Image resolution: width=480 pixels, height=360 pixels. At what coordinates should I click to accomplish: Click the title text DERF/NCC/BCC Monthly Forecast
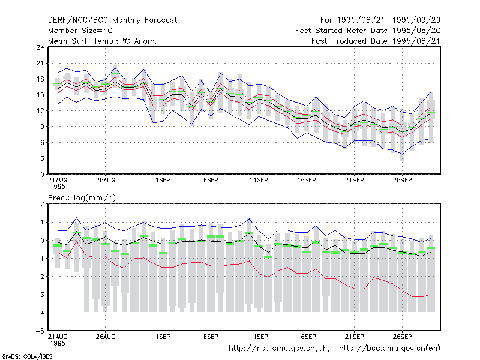[112, 20]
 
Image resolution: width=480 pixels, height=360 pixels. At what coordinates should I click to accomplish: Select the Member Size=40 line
[80, 31]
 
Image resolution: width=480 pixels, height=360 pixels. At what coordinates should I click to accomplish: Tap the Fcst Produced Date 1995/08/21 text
[376, 41]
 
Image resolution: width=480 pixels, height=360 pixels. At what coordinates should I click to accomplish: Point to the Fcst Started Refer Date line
[368, 31]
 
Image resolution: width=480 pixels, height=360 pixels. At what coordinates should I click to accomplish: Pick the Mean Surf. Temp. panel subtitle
[103, 41]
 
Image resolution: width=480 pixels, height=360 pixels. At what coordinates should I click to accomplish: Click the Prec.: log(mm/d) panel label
[82, 198]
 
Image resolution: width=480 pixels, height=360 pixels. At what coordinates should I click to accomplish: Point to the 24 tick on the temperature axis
[40, 47]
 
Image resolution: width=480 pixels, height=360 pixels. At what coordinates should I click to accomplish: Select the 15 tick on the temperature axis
[40, 95]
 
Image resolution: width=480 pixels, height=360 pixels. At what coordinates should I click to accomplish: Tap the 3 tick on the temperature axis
[42, 158]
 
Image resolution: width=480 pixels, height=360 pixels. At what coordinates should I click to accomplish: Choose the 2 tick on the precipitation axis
[42, 204]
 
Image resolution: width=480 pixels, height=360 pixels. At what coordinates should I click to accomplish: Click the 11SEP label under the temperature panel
[259, 181]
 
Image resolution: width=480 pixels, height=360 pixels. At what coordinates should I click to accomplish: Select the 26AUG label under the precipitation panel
[106, 337]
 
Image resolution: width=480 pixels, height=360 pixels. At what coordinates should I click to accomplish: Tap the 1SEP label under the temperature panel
[163, 181]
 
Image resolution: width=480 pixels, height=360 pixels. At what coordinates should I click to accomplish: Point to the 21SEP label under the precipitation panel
[355, 337]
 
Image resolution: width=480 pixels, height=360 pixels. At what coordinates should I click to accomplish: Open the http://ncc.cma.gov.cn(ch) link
[279, 349]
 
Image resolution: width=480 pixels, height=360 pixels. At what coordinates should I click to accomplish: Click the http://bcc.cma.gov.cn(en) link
[389, 349]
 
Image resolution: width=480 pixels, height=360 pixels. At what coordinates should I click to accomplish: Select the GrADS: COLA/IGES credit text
[27, 356]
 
